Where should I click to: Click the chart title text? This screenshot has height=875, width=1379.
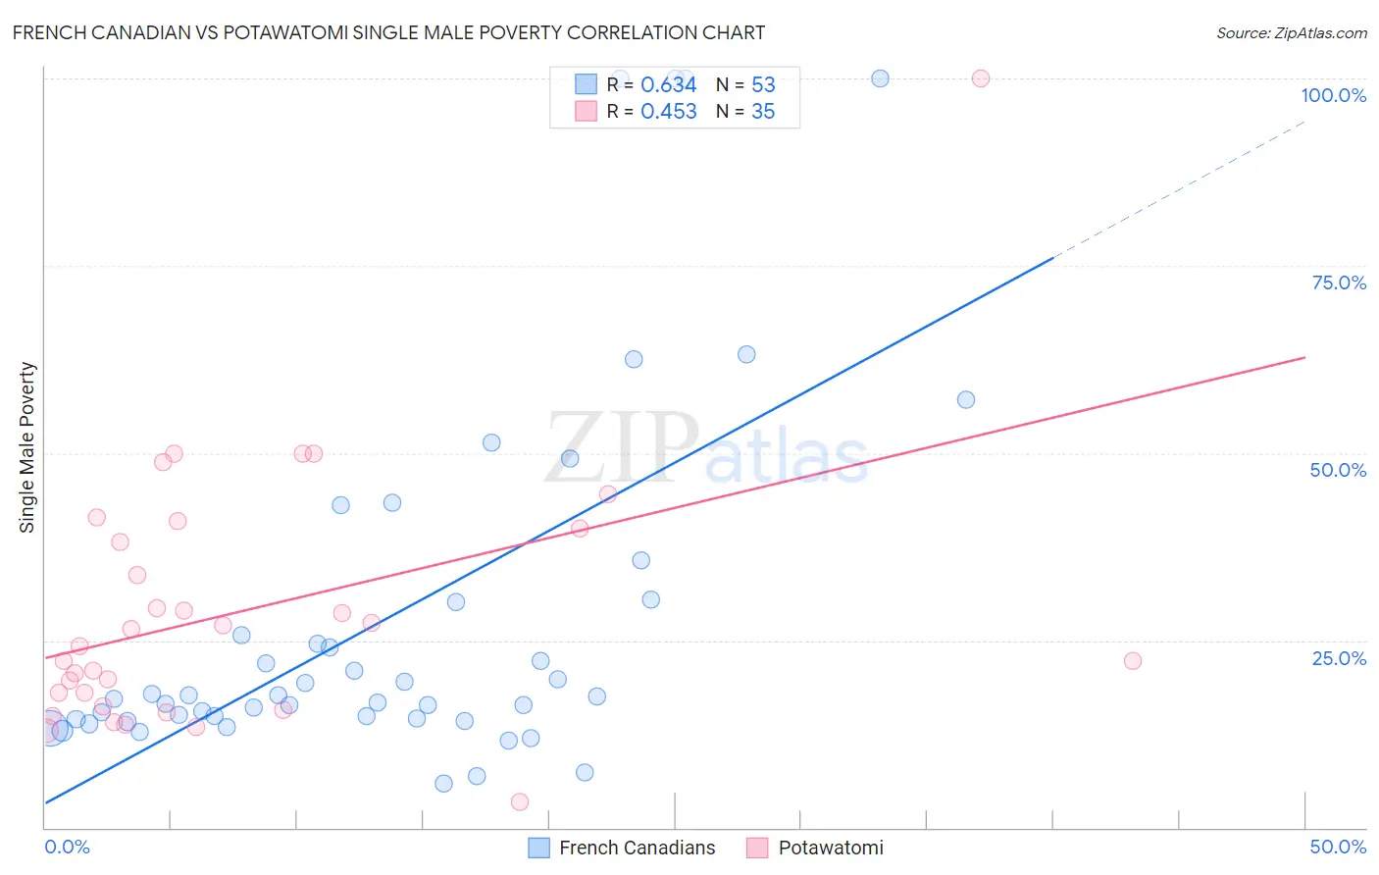[x=388, y=32]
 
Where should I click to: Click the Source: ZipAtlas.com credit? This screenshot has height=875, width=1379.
[x=1291, y=32]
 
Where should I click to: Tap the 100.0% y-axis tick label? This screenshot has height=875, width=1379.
[x=1333, y=95]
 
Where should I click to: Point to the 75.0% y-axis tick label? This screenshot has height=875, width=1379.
[x=1339, y=283]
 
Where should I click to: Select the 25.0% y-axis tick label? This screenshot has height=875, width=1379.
[x=1339, y=658]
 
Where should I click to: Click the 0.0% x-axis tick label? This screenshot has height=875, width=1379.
[x=67, y=847]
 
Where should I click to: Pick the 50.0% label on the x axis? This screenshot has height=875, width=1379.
[x=1338, y=847]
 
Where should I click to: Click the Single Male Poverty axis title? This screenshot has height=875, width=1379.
[x=27, y=447]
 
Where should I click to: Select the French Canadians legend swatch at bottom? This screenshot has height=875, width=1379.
[x=538, y=848]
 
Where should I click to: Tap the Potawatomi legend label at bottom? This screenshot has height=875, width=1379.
[x=830, y=848]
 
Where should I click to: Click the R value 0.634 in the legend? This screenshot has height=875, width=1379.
[x=668, y=85]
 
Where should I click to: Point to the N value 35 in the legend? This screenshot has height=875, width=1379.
[x=763, y=112]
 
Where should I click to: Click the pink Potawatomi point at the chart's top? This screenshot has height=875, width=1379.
[x=980, y=78]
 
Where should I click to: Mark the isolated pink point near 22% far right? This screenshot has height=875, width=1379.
[x=1132, y=660]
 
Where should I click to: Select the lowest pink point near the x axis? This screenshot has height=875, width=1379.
[x=520, y=801]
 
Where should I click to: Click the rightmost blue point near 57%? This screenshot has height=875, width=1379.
[x=965, y=399]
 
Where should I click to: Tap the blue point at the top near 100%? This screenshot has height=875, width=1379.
[x=880, y=78]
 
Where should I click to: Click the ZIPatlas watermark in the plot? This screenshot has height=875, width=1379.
[x=706, y=449]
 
